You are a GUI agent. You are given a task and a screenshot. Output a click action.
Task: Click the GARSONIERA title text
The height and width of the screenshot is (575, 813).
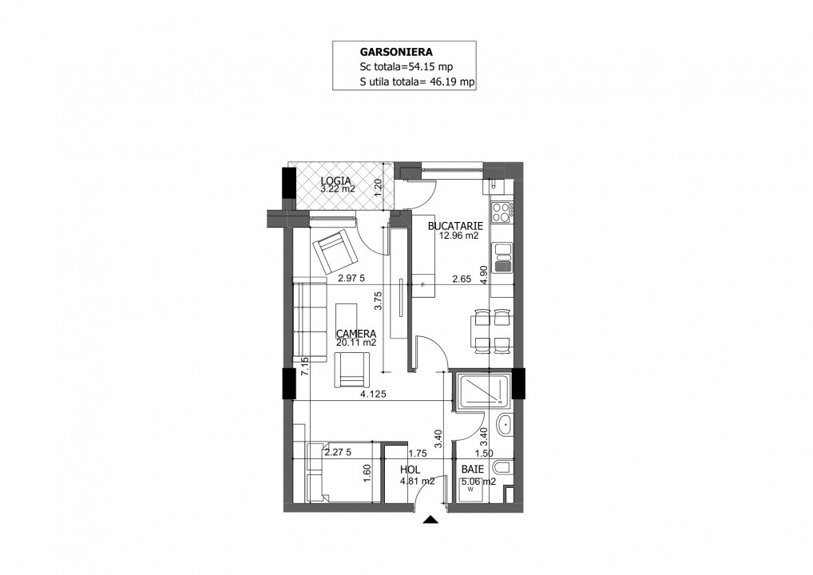(x=396, y=52)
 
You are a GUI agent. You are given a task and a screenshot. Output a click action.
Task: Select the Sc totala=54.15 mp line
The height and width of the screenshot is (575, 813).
(x=406, y=67)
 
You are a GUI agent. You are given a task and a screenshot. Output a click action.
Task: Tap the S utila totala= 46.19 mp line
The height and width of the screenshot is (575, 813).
(x=417, y=81)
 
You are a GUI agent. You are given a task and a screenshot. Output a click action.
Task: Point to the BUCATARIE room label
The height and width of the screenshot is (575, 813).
(x=455, y=226)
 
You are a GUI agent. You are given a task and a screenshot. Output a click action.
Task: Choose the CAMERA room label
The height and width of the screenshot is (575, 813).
(x=356, y=334)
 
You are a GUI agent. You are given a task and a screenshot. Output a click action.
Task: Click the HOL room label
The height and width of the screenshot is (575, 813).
(x=410, y=470)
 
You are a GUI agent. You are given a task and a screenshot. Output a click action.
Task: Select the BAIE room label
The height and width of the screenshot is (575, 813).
(x=473, y=470)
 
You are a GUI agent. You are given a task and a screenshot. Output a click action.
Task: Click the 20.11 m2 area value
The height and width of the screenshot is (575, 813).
(x=356, y=343)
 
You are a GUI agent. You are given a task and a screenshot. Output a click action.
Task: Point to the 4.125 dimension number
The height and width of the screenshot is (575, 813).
(x=373, y=394)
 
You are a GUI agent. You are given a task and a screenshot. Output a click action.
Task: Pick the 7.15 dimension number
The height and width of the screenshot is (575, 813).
(x=305, y=366)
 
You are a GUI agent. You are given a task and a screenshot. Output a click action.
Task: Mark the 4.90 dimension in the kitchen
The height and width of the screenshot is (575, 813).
(x=483, y=275)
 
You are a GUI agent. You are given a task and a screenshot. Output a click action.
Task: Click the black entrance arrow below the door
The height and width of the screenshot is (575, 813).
(x=430, y=520)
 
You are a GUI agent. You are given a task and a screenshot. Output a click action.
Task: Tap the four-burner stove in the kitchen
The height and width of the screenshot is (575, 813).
(x=502, y=212)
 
